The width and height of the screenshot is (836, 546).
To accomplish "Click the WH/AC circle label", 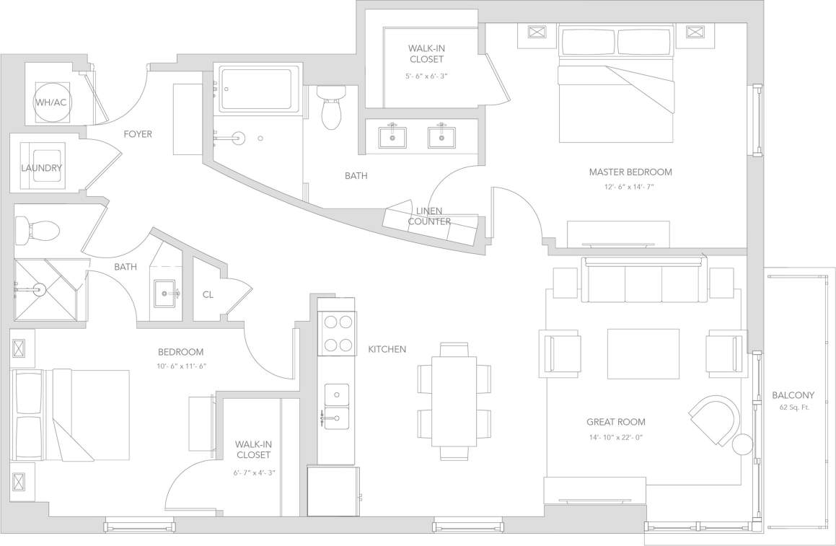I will click(x=51, y=102).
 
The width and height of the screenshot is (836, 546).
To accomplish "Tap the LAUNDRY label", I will click(x=41, y=168).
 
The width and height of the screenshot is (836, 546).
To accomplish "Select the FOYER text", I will click(x=138, y=134).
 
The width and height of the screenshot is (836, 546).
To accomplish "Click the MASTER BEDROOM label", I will click(x=630, y=172).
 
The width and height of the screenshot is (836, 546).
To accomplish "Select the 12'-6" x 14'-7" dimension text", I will click(x=630, y=187).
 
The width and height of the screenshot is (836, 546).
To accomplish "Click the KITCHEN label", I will click(x=387, y=349).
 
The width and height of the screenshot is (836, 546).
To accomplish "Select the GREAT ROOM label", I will click(x=615, y=422).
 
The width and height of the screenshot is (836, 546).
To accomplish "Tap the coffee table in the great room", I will click(x=643, y=353).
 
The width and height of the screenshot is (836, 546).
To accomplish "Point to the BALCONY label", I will click(x=793, y=395).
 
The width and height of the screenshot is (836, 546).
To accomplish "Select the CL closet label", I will click(x=208, y=294).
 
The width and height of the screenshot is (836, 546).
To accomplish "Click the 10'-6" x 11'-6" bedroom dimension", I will click(x=180, y=366).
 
